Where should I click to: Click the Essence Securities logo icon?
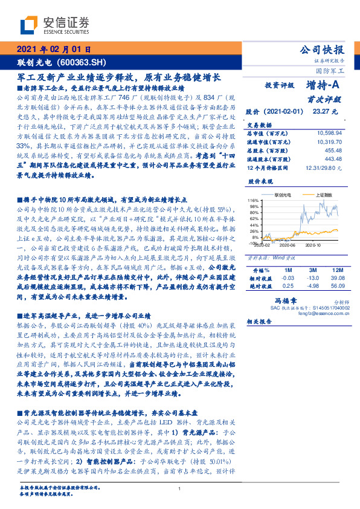28,25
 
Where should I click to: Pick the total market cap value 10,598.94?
328,132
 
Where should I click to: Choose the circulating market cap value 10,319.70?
328,140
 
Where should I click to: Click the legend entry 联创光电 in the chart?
283,195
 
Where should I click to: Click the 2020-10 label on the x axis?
313,245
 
